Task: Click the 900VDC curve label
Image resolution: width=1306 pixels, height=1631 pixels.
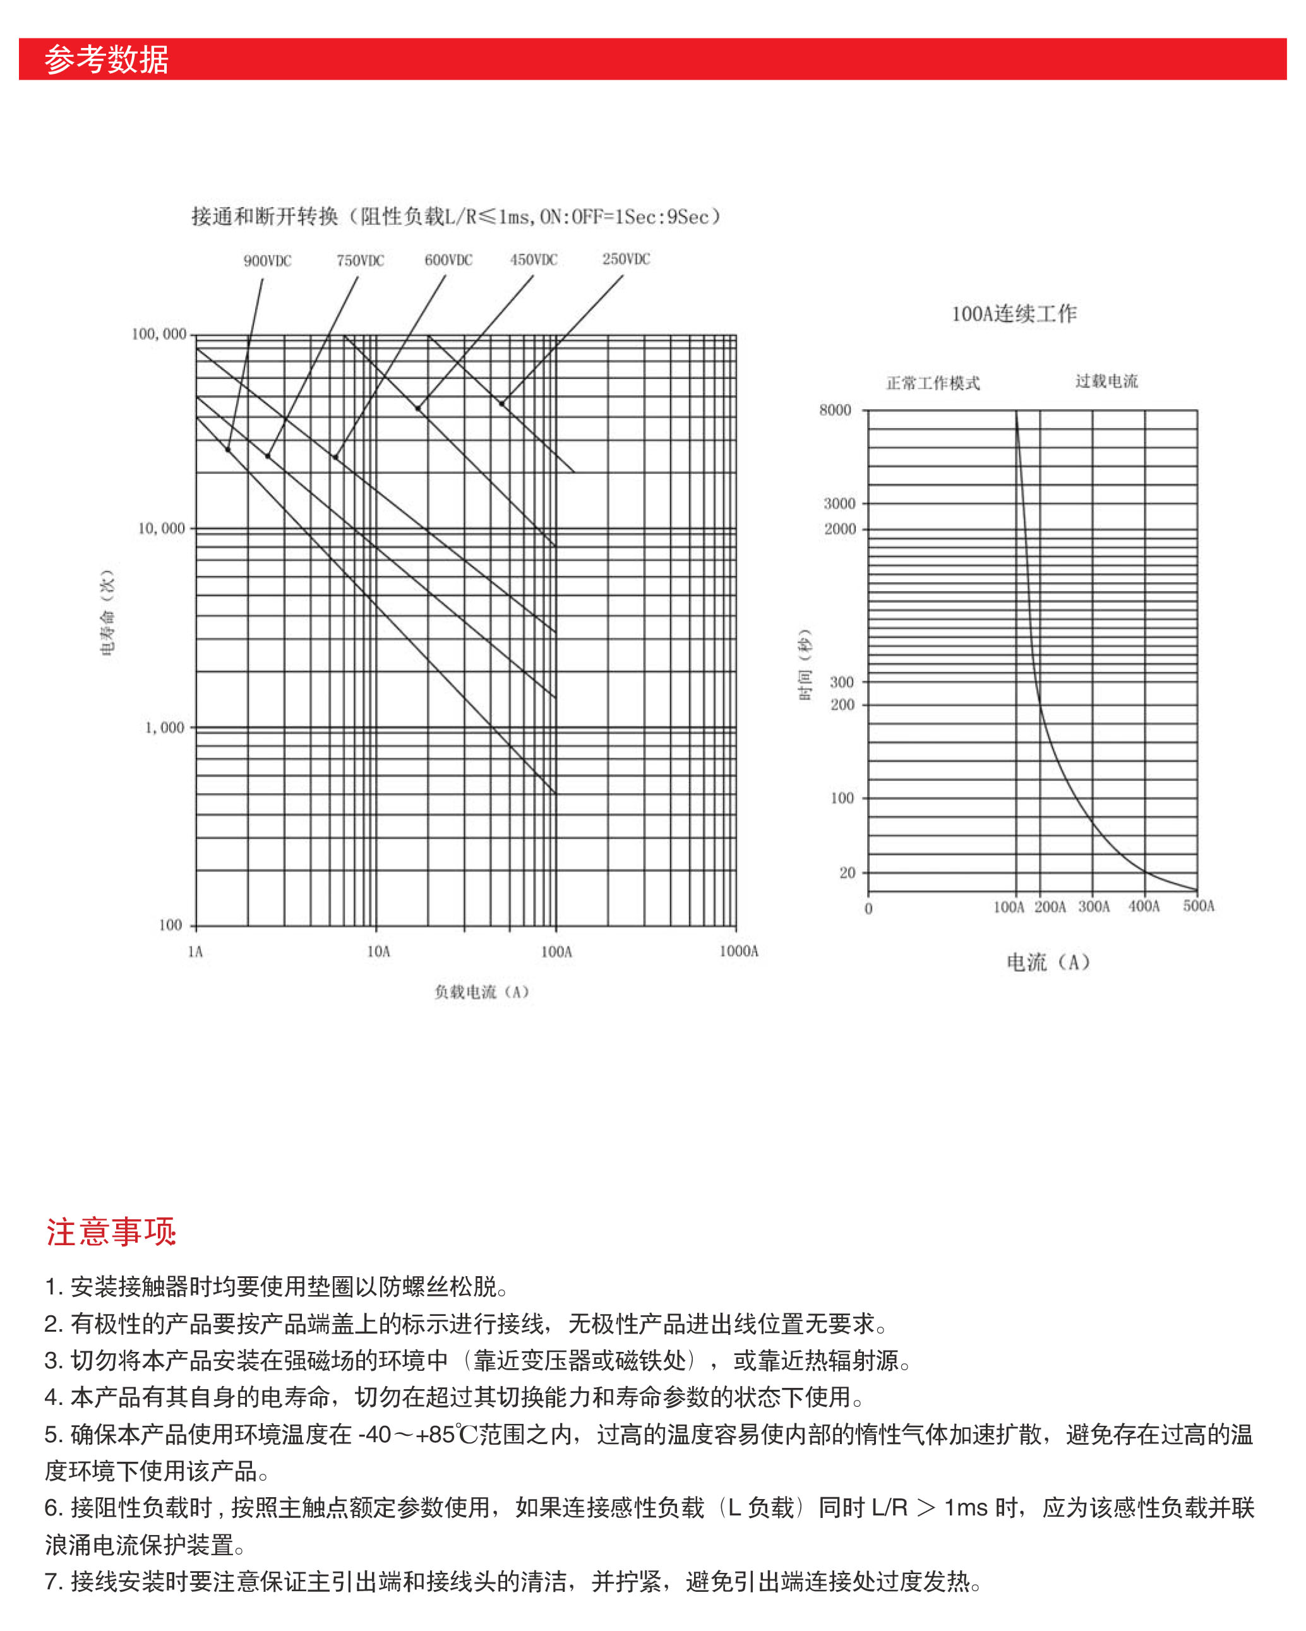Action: click(267, 261)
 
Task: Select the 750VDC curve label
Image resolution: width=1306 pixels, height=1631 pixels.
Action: click(360, 261)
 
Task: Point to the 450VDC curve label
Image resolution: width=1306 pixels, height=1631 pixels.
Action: click(534, 260)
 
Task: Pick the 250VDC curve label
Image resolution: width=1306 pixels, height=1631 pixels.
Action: click(626, 259)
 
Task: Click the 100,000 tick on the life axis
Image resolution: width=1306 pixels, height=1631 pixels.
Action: click(159, 335)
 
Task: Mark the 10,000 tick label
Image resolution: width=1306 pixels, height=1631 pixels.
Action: click(161, 529)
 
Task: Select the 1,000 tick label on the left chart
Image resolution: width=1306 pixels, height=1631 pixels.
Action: click(164, 728)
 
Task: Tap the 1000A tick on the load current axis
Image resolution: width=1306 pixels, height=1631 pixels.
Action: click(738, 952)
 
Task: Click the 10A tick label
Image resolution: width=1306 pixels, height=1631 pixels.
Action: click(378, 952)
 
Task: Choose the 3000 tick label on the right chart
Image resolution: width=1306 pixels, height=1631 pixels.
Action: click(840, 504)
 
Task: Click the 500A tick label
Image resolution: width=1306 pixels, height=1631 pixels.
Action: click(1199, 906)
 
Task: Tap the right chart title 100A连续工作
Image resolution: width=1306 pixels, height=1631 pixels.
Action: click(1014, 314)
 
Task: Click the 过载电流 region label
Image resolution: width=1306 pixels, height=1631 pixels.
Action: click(1106, 381)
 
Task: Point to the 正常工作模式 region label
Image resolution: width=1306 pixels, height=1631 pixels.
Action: click(933, 383)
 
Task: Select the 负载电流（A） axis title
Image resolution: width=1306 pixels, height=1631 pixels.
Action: click(481, 992)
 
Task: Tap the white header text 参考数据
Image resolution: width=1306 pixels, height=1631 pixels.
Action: click(107, 60)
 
